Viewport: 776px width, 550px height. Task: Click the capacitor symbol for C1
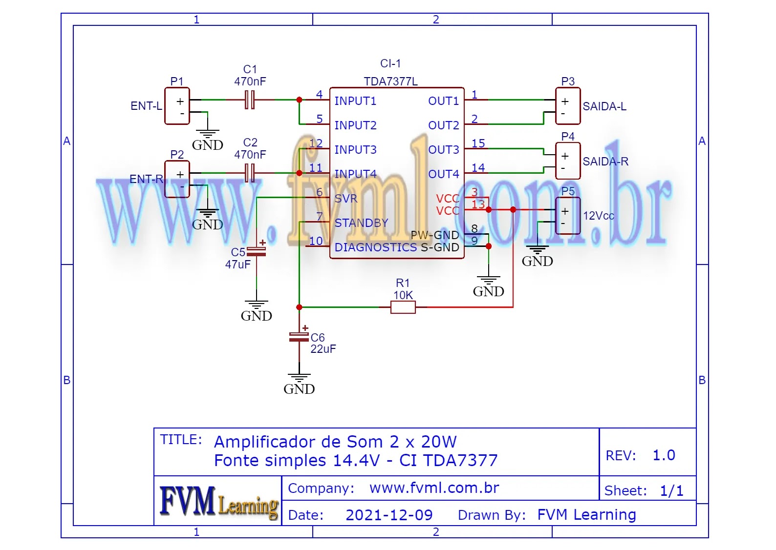(x=250, y=100)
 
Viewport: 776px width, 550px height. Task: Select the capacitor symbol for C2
(x=250, y=173)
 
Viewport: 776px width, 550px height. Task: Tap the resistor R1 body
(x=403, y=307)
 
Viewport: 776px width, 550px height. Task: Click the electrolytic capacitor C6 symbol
(x=299, y=336)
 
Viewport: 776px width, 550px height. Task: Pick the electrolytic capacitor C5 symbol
(x=257, y=251)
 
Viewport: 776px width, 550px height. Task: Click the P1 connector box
(x=177, y=106)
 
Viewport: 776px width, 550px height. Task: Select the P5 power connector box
(x=568, y=216)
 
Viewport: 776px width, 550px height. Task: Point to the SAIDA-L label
(x=604, y=106)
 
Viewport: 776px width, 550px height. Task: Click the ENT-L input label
(x=146, y=106)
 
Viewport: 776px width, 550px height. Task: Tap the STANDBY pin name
(x=361, y=223)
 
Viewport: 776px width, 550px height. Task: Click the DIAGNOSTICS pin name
(x=375, y=247)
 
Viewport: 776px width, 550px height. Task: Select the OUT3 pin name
(x=443, y=150)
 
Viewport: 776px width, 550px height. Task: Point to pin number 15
(x=478, y=143)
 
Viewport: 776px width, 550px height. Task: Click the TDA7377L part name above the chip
(x=390, y=81)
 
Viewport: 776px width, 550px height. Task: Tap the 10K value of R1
(x=403, y=295)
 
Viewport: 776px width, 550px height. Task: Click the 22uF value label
(x=323, y=349)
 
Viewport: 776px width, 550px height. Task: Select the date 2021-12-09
(x=389, y=515)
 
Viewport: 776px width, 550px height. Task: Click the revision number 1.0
(x=664, y=455)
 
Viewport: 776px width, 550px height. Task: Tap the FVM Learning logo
(x=218, y=501)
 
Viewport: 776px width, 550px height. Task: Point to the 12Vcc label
(x=598, y=216)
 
